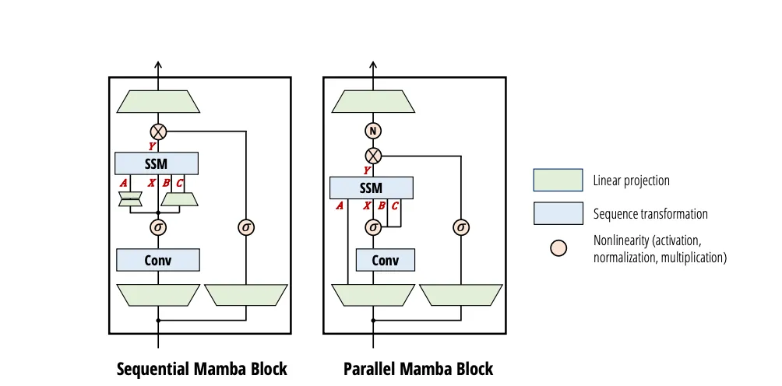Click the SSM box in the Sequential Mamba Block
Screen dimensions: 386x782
tap(157, 163)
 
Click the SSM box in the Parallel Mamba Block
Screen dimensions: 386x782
tap(372, 188)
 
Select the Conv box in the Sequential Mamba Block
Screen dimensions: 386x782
tap(158, 260)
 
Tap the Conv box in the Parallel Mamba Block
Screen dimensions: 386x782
tap(385, 260)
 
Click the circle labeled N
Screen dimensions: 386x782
tap(374, 131)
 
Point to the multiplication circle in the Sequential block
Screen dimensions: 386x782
tap(159, 131)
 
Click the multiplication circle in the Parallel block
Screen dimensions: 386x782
tap(374, 155)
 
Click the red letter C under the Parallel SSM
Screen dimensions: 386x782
tap(394, 206)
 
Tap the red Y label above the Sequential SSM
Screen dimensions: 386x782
tap(153, 146)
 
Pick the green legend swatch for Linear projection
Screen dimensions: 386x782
tap(558, 181)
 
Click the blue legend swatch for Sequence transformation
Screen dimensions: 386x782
tap(558, 213)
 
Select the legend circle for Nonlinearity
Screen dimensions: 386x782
tap(558, 248)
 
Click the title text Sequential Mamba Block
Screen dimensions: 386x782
tap(202, 368)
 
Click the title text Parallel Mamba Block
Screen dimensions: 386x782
tap(418, 368)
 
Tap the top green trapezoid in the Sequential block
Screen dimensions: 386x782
tap(159, 101)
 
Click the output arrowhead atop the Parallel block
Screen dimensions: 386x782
tap(374, 65)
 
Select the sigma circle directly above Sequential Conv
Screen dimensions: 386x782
tap(159, 227)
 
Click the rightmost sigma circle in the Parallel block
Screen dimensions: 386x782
tap(461, 227)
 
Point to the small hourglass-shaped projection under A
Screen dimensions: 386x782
tap(130, 200)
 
